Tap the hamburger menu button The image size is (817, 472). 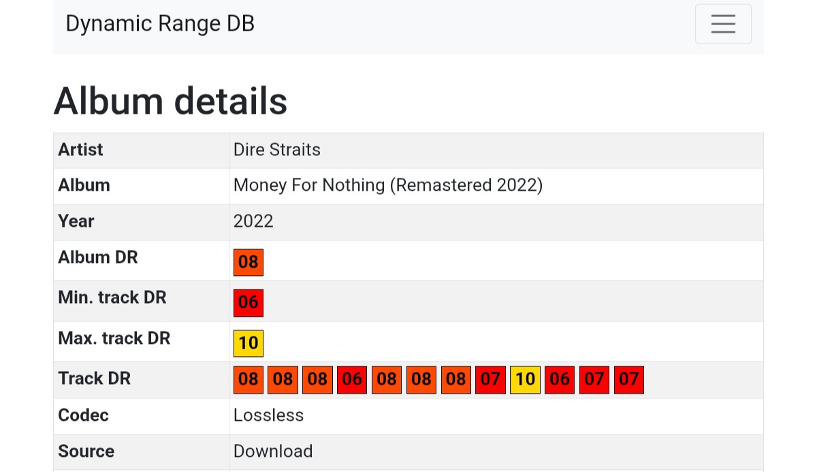722,24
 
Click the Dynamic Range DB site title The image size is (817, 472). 160,24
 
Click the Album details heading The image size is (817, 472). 170,101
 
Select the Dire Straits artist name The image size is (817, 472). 276,150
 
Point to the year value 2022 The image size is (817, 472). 253,221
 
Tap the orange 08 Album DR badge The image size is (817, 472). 249,262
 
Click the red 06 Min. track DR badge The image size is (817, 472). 249,302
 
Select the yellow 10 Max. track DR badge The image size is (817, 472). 249,343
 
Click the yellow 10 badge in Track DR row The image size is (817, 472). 525,379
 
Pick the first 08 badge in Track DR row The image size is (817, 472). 249,379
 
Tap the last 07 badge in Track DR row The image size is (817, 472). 629,379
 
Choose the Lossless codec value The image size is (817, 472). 268,415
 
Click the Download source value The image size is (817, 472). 273,452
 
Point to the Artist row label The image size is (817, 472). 80,150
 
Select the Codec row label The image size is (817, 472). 83,415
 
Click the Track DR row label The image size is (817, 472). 94,379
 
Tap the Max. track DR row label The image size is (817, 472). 114,339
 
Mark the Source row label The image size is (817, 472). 86,452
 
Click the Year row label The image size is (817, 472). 76,221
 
